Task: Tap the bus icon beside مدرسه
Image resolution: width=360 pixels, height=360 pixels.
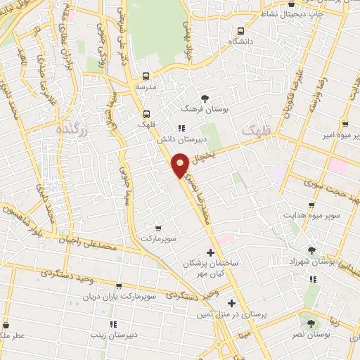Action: [146, 76]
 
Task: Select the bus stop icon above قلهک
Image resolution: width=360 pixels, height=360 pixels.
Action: [147, 113]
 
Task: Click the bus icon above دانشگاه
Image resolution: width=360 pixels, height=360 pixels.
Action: [240, 31]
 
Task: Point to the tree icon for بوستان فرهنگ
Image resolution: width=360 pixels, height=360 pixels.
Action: [204, 98]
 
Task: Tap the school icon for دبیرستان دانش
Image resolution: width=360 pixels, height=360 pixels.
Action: [181, 128]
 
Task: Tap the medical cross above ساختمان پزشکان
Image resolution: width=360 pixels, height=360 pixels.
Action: [210, 252]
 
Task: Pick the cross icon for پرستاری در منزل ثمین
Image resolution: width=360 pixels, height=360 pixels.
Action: [232, 303]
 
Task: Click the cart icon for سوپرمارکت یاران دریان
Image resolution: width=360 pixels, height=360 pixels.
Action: [118, 286]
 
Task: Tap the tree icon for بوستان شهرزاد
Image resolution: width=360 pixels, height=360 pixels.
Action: [312, 250]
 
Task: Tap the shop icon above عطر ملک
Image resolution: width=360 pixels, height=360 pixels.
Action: [6, 326]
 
